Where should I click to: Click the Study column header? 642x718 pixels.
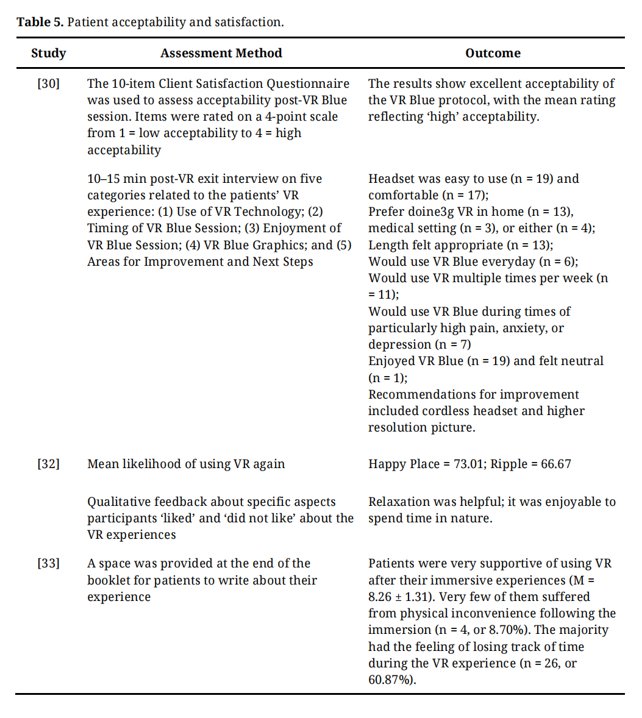click(x=48, y=53)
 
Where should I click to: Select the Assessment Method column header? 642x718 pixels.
click(x=221, y=53)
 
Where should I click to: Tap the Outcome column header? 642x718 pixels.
click(x=493, y=53)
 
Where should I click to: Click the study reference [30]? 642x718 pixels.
click(x=49, y=84)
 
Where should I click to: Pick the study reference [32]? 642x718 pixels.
click(x=49, y=464)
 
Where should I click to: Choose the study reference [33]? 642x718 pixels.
click(x=49, y=563)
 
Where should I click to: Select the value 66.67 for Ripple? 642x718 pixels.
click(x=556, y=464)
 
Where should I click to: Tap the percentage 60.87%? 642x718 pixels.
click(x=391, y=680)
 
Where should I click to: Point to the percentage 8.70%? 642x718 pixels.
click(x=511, y=630)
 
